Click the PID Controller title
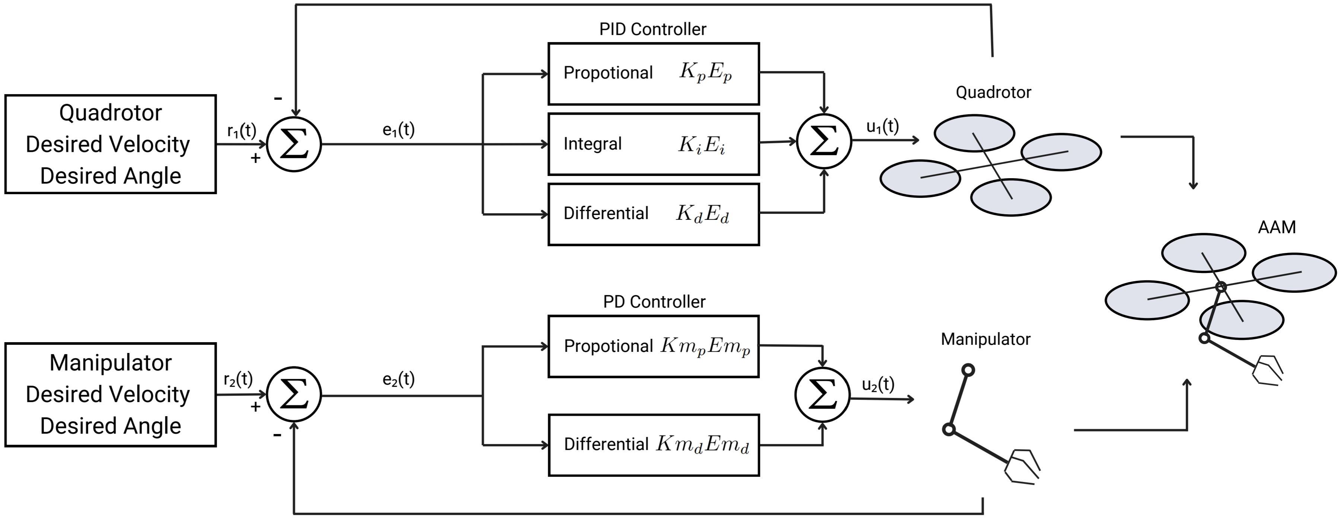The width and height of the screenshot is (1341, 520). tap(652, 29)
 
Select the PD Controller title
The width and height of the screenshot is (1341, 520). tap(654, 302)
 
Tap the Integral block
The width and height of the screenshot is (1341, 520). tap(653, 144)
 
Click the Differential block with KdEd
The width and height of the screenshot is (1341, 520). tap(653, 214)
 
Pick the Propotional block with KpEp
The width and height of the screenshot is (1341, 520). tap(653, 73)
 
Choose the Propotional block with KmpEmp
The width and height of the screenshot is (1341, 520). tap(653, 346)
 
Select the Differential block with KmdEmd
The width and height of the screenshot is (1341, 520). tap(653, 444)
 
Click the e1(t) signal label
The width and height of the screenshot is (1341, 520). tap(398, 129)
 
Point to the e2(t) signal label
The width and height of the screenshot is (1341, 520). tap(398, 379)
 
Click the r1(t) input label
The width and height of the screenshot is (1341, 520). tap(242, 131)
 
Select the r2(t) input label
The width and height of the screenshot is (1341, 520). tap(238, 379)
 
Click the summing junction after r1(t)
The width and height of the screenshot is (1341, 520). tap(294, 144)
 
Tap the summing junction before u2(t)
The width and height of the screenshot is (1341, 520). tap(823, 395)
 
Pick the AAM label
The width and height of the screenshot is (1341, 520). tap(1277, 227)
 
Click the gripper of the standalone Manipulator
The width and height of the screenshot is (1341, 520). tap(1022, 466)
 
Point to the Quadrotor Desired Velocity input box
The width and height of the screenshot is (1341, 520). tap(110, 144)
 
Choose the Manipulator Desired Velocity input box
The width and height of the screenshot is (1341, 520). tap(110, 394)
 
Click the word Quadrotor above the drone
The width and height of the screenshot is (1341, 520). tap(993, 93)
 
